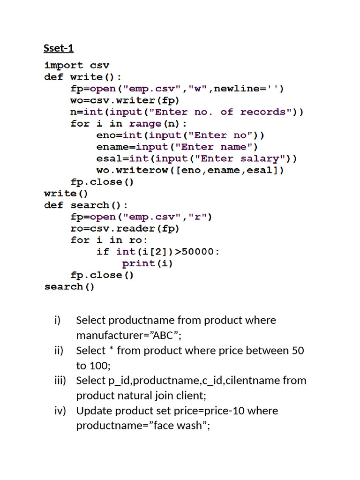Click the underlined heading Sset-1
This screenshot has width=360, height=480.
(59, 48)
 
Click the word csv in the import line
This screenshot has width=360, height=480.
(99, 65)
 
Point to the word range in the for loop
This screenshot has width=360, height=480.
(145, 124)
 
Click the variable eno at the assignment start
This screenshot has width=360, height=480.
(106, 135)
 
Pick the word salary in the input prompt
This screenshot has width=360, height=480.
(260, 158)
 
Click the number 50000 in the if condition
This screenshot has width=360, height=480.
(198, 252)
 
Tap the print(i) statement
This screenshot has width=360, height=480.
(148, 263)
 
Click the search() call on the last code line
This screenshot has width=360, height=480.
(69, 287)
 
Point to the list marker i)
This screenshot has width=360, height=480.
(57, 320)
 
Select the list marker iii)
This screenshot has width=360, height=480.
(60, 381)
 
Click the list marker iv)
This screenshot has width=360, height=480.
(60, 411)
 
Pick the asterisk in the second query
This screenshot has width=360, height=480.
(111, 349)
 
